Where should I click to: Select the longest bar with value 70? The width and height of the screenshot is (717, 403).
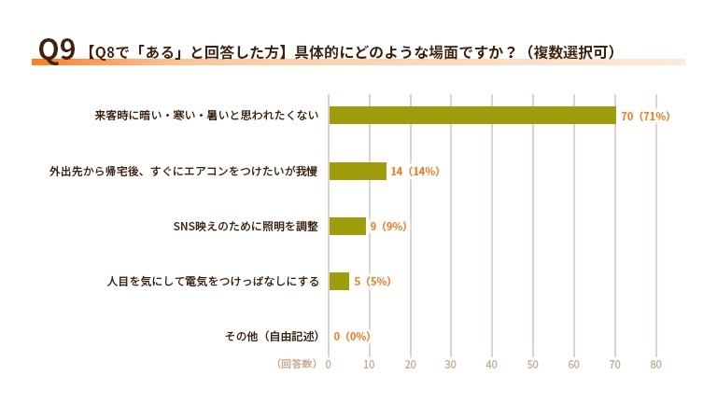click(x=472, y=116)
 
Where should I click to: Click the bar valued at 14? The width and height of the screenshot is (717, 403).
click(x=358, y=171)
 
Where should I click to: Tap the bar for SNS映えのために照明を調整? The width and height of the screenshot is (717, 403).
click(x=347, y=226)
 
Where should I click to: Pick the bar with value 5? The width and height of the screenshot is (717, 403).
click(x=339, y=281)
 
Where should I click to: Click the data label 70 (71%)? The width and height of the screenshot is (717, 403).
click(x=645, y=116)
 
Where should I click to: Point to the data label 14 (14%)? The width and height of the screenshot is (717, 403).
click(x=415, y=171)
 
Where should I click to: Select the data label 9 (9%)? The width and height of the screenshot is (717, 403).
click(x=389, y=226)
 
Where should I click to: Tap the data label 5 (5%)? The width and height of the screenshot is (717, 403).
click(x=372, y=281)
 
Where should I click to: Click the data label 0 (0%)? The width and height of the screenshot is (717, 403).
click(x=352, y=336)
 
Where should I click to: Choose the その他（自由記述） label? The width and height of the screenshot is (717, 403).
click(x=272, y=336)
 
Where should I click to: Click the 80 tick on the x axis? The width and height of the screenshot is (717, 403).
click(x=655, y=364)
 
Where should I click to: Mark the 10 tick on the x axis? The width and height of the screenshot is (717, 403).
click(x=369, y=364)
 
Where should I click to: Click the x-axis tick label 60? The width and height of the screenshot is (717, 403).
click(x=574, y=364)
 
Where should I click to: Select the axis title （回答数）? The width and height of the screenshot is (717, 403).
click(x=297, y=363)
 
